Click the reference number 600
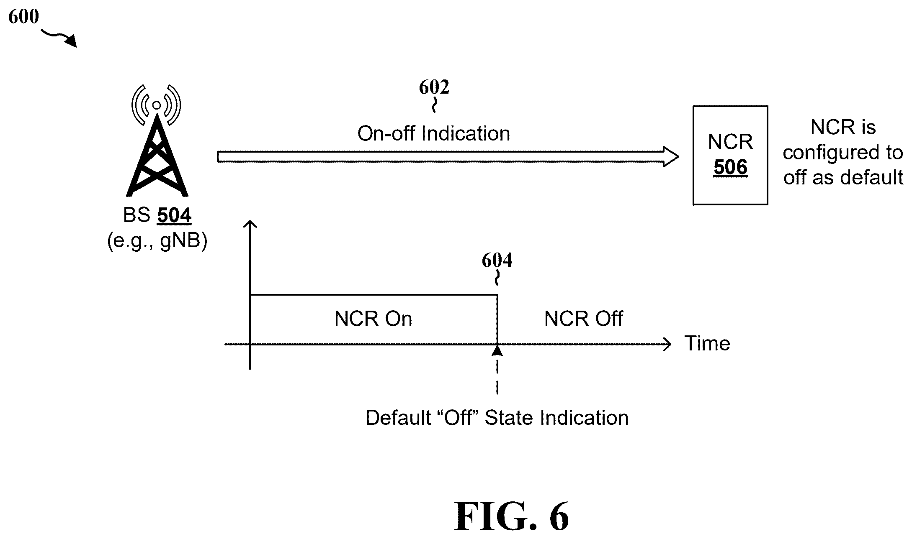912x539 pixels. point(23,17)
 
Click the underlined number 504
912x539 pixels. point(174,216)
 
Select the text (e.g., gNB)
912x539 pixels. point(157,241)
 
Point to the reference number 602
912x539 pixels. point(434,87)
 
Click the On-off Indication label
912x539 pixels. point(434,134)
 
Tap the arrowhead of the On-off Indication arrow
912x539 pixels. point(671,157)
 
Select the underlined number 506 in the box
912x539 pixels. point(731,168)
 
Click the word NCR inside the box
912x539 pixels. point(731,142)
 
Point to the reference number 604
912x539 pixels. point(497,260)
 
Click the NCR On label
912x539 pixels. point(374,319)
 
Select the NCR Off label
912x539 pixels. point(584,319)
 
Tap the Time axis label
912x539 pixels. point(707,344)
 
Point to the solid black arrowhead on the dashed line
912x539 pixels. point(497,350)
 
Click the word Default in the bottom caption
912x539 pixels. point(398,418)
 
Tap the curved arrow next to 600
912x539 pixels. point(59,37)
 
